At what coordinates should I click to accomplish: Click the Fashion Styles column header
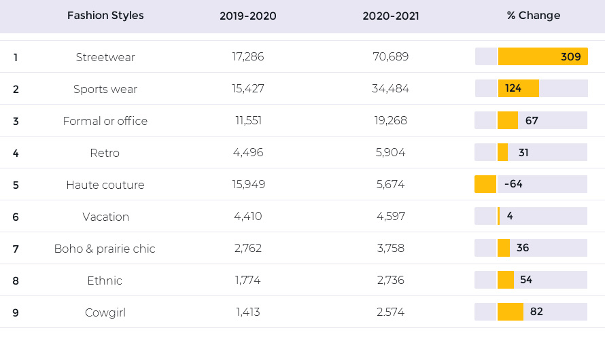(105, 16)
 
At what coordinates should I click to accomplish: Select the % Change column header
(533, 16)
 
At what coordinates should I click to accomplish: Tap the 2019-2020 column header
(248, 16)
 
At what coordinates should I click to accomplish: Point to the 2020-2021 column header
(391, 16)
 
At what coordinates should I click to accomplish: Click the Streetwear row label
(105, 57)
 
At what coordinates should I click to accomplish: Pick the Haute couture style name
(105, 185)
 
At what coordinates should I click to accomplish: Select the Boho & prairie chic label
(105, 249)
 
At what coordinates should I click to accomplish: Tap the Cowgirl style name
(105, 312)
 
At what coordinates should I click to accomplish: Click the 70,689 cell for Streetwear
(390, 56)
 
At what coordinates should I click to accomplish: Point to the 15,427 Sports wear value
(248, 89)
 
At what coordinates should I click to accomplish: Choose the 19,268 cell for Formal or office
(390, 121)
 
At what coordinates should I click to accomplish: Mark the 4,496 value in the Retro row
(248, 153)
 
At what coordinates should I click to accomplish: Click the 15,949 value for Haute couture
(249, 184)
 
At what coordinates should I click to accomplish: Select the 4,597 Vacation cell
(391, 216)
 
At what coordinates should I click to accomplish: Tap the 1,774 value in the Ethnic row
(247, 281)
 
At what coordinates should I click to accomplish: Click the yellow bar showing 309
(543, 56)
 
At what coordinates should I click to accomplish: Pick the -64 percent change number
(513, 184)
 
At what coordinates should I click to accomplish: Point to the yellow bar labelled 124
(519, 88)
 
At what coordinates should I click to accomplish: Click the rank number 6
(16, 217)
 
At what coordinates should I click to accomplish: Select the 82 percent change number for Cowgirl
(536, 312)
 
